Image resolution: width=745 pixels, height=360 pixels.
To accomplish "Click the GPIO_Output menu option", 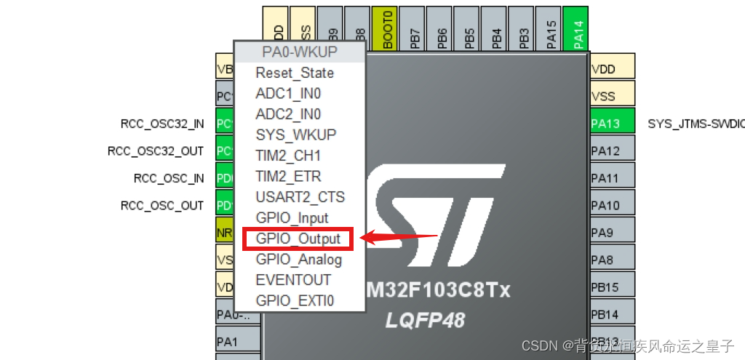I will pos(298,239).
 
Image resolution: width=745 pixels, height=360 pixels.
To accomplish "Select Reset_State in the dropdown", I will pos(295,73).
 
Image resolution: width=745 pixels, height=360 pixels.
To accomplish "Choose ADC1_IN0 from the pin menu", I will pos(288,94).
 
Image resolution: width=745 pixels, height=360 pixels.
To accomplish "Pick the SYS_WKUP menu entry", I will pos(295,135).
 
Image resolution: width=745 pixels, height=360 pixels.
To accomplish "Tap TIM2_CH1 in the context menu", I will pos(288,156).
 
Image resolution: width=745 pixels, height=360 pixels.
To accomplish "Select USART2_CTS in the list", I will pos(300,197).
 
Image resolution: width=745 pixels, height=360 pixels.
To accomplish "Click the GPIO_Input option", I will pos(292,218).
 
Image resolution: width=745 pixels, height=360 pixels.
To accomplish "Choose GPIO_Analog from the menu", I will pos(298,260).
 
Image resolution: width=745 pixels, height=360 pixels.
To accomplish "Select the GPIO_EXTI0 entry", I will pos(295,301).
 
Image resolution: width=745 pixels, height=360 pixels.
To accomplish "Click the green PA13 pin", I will pos(612,123).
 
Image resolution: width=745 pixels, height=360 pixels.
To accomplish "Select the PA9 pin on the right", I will pos(612,233).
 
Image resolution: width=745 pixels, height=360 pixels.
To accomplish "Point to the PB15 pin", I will pos(612,287).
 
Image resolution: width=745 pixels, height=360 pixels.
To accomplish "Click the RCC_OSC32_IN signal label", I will pos(162,124).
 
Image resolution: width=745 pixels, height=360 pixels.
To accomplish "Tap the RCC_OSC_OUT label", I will pos(162,206).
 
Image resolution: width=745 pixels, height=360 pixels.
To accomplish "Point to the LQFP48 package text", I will pos(425,321).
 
